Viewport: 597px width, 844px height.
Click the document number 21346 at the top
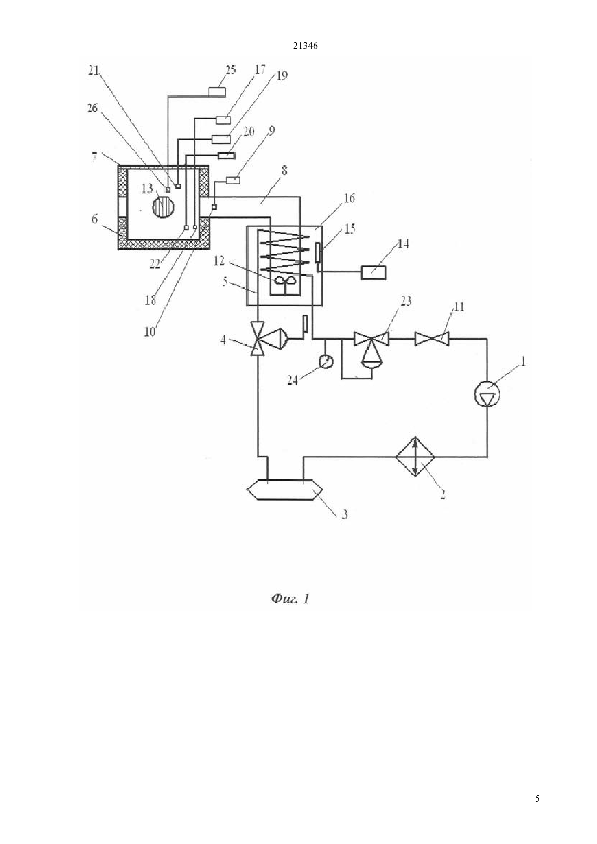pos(305,46)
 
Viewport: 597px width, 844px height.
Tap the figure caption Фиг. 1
pos(290,599)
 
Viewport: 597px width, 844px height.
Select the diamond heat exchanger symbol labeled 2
pos(415,456)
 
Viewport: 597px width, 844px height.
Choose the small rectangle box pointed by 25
pos(217,92)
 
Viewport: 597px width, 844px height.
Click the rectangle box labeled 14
pos(373,272)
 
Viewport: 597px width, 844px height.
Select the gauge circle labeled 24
pos(326,362)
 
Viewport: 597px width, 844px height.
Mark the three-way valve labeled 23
pos(371,347)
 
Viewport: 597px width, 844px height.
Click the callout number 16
pos(350,198)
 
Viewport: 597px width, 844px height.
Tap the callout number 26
pos(92,108)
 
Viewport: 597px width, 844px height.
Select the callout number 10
pos(150,331)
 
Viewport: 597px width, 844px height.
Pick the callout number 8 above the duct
pos(284,171)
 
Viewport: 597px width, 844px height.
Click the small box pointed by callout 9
pos(233,180)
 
